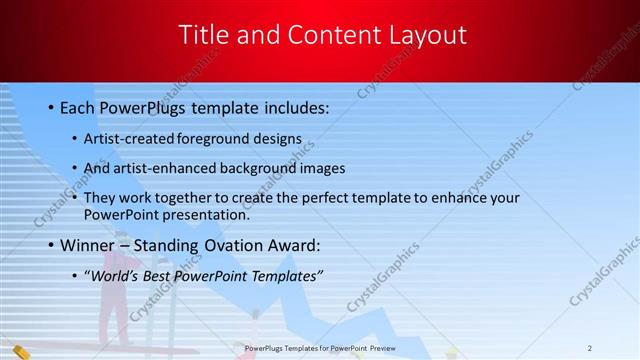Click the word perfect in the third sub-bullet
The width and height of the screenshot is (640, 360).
click(x=333, y=198)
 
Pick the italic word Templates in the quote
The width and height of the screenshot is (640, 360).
click(x=284, y=275)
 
